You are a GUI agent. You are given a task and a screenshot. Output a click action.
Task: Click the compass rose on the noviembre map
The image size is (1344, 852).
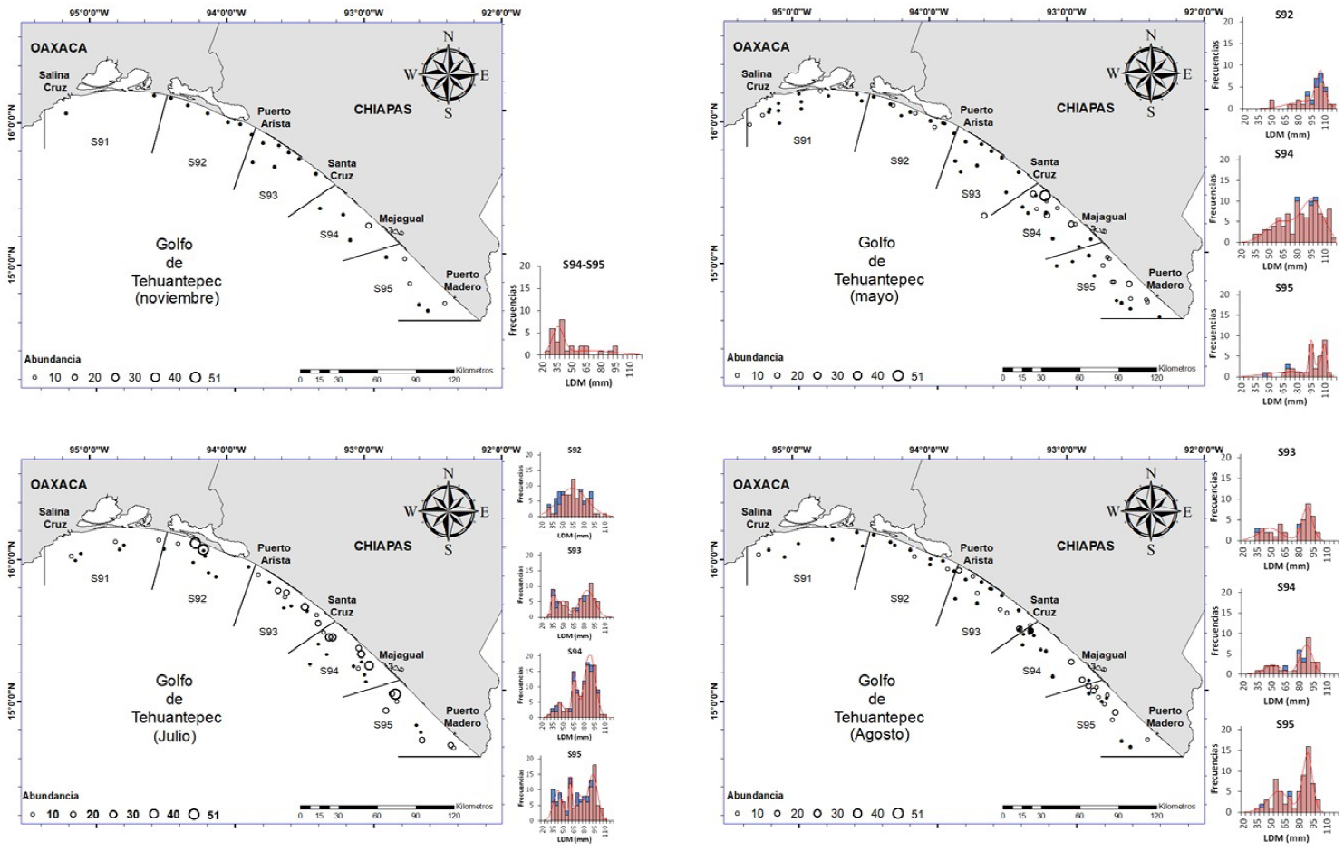448,75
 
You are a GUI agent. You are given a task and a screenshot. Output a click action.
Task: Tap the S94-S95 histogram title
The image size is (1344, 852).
583,265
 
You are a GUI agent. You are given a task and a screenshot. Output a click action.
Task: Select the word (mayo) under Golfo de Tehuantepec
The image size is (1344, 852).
879,296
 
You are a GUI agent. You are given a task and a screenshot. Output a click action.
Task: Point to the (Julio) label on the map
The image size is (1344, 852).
175,735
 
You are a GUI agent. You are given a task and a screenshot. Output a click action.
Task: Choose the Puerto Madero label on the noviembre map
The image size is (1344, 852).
462,281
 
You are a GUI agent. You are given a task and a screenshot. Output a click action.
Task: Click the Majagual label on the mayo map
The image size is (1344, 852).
1104,218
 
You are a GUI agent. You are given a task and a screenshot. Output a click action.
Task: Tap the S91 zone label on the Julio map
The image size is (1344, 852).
100,578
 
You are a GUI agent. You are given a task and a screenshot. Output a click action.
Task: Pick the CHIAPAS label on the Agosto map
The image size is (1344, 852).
1085,546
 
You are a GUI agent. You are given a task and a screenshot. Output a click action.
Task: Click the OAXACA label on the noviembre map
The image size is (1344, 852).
59,47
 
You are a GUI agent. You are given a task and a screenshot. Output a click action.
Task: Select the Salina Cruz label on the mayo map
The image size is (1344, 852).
757,80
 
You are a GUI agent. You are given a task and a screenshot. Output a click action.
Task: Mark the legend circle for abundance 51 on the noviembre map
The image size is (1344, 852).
195,378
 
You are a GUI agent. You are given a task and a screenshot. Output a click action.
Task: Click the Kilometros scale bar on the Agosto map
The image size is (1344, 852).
1079,806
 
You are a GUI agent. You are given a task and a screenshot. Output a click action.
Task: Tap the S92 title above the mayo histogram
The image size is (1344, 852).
1284,15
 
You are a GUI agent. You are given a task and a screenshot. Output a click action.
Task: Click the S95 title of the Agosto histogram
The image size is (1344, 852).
1285,724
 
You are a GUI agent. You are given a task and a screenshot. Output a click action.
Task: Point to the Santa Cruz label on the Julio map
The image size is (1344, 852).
342,605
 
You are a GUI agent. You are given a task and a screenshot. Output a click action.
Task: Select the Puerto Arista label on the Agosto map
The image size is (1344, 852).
977,554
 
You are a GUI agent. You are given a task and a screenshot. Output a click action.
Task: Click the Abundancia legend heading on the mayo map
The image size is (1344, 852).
755,357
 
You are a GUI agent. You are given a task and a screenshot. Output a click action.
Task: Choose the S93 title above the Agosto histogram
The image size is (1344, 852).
1286,451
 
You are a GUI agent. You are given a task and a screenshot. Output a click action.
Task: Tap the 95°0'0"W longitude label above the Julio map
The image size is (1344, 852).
89,450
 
